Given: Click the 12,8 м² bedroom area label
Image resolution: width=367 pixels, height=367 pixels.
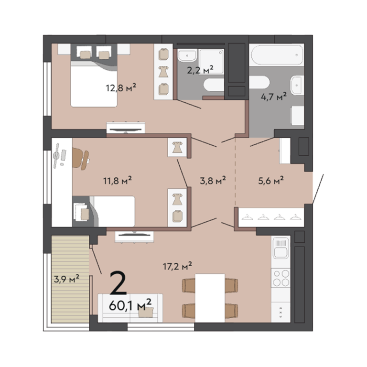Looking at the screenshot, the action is point(121,88).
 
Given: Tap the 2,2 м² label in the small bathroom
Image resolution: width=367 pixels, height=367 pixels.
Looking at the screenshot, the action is point(200,69).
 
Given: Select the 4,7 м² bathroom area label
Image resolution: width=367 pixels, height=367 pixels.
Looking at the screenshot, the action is point(274,96).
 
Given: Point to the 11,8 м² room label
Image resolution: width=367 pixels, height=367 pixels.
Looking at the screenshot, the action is point(118,181).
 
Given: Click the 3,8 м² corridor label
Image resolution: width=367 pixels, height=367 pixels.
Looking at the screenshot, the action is point(213,180).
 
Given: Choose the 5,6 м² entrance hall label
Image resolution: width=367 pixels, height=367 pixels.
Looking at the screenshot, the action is point(271,180).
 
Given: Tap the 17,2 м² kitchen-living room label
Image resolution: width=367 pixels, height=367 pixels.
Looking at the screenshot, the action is point(177,266).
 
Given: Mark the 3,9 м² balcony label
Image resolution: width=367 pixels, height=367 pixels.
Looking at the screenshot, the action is point(66,279).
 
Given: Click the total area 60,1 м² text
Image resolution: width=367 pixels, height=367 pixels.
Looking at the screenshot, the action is point(130,305).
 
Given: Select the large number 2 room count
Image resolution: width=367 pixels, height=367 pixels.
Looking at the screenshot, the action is point(118,283).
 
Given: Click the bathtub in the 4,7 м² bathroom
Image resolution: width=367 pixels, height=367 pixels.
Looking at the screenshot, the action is point(277,55).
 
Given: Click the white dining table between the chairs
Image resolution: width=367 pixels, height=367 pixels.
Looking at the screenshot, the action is point(210,298).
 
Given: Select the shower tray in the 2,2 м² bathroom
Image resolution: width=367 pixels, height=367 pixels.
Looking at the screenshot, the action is point(212,61).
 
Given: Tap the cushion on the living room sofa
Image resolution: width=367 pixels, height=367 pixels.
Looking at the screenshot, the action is point(146,312).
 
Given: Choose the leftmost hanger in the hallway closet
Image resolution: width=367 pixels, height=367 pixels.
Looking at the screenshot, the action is point(248,217).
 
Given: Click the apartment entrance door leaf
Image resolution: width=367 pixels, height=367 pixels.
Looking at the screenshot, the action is point(318,189).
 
